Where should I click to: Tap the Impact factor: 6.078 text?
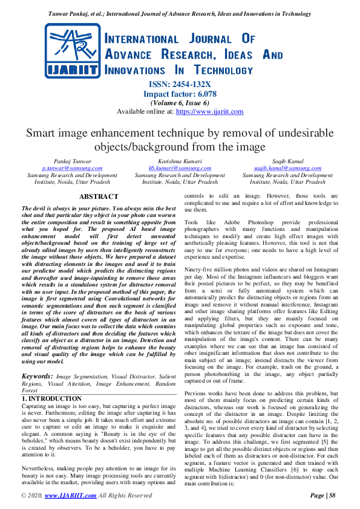[x=180, y=94]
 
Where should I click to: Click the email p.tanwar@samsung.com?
[x=72, y=168]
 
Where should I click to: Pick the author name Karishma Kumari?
[x=180, y=161]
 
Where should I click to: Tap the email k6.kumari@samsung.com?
[x=180, y=168]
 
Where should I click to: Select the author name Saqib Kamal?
[x=287, y=161]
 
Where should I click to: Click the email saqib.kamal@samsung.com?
[x=287, y=168]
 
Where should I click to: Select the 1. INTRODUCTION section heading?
[x=51, y=399]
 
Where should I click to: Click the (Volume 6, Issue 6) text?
[x=180, y=103]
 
